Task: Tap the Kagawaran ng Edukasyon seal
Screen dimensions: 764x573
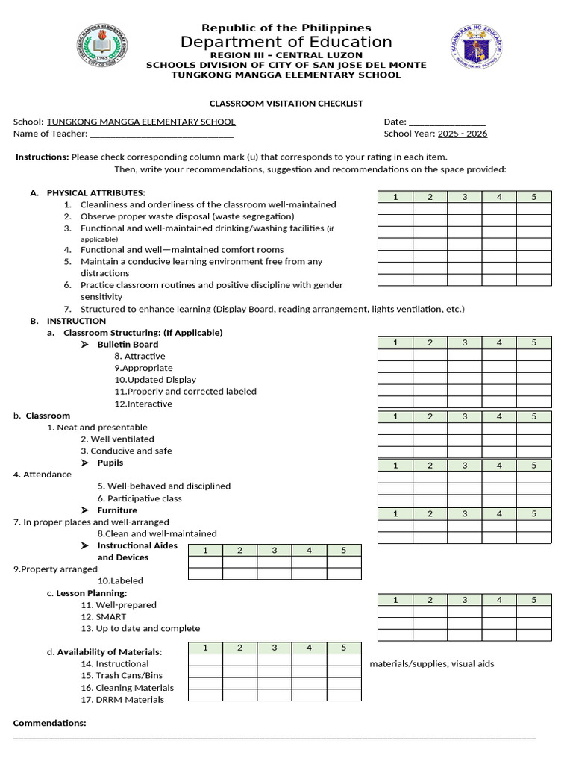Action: click(x=477, y=49)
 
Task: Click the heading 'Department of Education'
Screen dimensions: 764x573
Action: click(x=286, y=42)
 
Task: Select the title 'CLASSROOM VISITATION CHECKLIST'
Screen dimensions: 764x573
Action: click(x=286, y=104)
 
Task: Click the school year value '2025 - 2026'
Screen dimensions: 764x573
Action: click(x=463, y=134)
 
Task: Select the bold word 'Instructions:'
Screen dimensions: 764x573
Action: click(x=43, y=157)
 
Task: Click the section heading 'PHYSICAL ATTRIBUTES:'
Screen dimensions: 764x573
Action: click(x=96, y=193)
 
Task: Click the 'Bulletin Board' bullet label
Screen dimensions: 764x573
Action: click(x=128, y=345)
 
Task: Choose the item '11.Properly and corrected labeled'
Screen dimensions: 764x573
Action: click(x=185, y=392)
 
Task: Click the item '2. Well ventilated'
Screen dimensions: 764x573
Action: click(x=117, y=439)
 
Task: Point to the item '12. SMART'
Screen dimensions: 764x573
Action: click(x=104, y=617)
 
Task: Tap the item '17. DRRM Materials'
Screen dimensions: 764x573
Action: click(x=122, y=700)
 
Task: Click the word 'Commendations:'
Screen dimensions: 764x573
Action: click(x=50, y=723)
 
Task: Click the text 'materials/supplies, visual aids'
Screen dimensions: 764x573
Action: click(x=431, y=664)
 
